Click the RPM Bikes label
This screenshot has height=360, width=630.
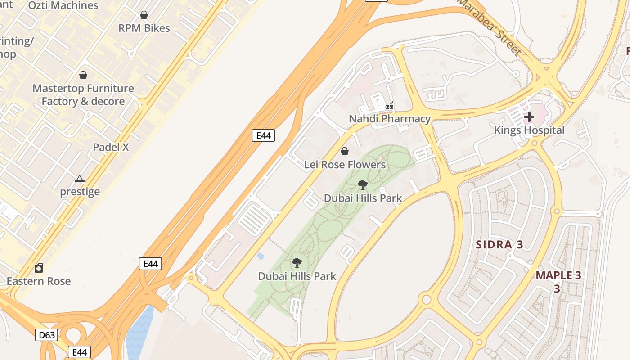pyautogui.click(x=144, y=28)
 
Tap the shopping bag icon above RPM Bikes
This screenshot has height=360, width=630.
pyautogui.click(x=144, y=15)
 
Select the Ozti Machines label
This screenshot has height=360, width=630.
pyautogui.click(x=63, y=6)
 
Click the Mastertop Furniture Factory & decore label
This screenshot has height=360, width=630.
pyautogui.click(x=83, y=95)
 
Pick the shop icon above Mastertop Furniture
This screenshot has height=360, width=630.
pyautogui.click(x=83, y=75)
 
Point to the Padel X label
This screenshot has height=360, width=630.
pyautogui.click(x=111, y=147)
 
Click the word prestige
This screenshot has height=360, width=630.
pyautogui.click(x=80, y=192)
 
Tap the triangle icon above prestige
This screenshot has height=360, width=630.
pyautogui.click(x=80, y=179)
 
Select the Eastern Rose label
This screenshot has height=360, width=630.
pyautogui.click(x=39, y=281)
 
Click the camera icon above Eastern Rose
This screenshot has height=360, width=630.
pyautogui.click(x=39, y=268)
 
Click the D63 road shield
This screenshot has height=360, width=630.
pyautogui.click(x=47, y=335)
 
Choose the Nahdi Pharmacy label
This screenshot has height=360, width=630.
pyautogui.click(x=390, y=119)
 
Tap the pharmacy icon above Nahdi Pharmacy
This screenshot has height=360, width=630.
pyautogui.click(x=390, y=106)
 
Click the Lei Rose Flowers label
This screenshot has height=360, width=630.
pyautogui.click(x=345, y=165)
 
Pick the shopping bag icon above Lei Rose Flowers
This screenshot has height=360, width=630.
pyautogui.click(x=345, y=151)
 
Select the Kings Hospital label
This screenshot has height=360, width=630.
pyautogui.click(x=529, y=130)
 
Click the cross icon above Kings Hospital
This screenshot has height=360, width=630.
pyautogui.click(x=529, y=117)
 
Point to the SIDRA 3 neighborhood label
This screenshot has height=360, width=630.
pyautogui.click(x=499, y=245)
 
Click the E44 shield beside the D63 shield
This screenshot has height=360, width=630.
pyautogui.click(x=79, y=352)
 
